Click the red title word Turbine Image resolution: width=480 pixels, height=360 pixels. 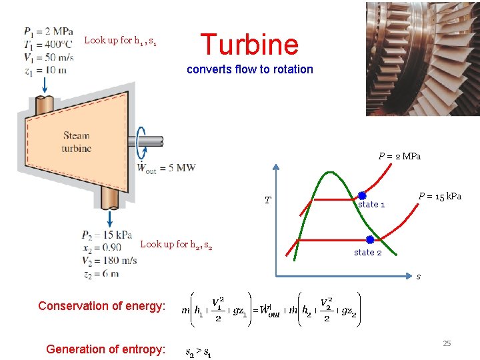pos(249,45)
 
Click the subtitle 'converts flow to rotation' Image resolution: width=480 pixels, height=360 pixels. pos(249,69)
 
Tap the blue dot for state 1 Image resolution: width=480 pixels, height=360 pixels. pos(363,196)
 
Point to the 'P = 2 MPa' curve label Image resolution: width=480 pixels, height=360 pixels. pos(399,157)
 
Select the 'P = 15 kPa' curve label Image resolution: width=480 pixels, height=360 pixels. pos(439,196)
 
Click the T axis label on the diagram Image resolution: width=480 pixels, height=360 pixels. pos(267,200)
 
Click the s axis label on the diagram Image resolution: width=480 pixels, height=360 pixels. pos(419,276)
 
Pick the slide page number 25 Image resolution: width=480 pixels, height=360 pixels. pos(447,343)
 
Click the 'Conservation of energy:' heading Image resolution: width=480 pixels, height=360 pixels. pos(101,306)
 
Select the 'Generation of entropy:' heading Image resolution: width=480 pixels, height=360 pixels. pos(105,349)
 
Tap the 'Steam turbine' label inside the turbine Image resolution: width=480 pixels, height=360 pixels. pos(77,142)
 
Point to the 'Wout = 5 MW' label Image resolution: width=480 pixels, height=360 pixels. pos(166,168)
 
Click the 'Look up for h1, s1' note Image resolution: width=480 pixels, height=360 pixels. pos(121,41)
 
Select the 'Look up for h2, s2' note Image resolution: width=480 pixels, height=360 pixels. pos(176,245)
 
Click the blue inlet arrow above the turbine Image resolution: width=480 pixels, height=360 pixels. pos(45,85)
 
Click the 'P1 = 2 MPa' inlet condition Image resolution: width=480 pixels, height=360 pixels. pos(49,31)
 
